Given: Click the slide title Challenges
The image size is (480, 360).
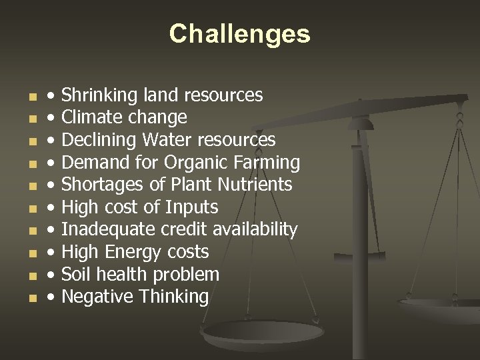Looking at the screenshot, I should (239, 33).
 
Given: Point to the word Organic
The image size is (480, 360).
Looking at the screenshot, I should (197, 163).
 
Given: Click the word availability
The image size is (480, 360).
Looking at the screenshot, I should (255, 230).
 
